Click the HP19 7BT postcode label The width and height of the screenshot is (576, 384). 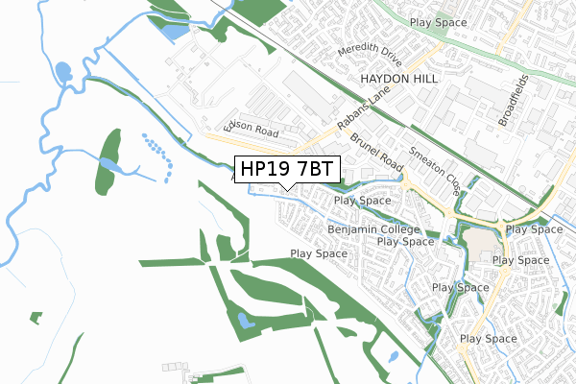286,169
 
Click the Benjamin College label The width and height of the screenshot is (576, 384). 373,230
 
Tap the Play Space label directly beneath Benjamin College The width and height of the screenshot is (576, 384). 406,242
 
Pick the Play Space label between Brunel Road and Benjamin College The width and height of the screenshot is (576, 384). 362,201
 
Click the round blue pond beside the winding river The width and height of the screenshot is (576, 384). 63,72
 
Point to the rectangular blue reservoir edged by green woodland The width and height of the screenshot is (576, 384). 176,31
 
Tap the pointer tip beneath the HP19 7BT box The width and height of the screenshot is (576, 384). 286,187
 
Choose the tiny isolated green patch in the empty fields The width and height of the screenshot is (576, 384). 36,316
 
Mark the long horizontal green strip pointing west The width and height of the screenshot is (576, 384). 173,261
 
